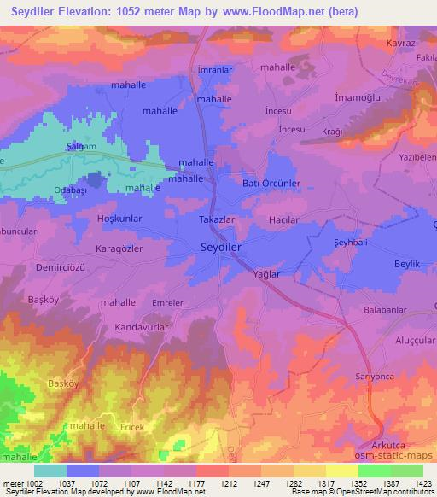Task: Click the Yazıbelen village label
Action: (413, 160)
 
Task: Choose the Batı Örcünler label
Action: (272, 184)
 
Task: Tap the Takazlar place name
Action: (217, 219)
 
